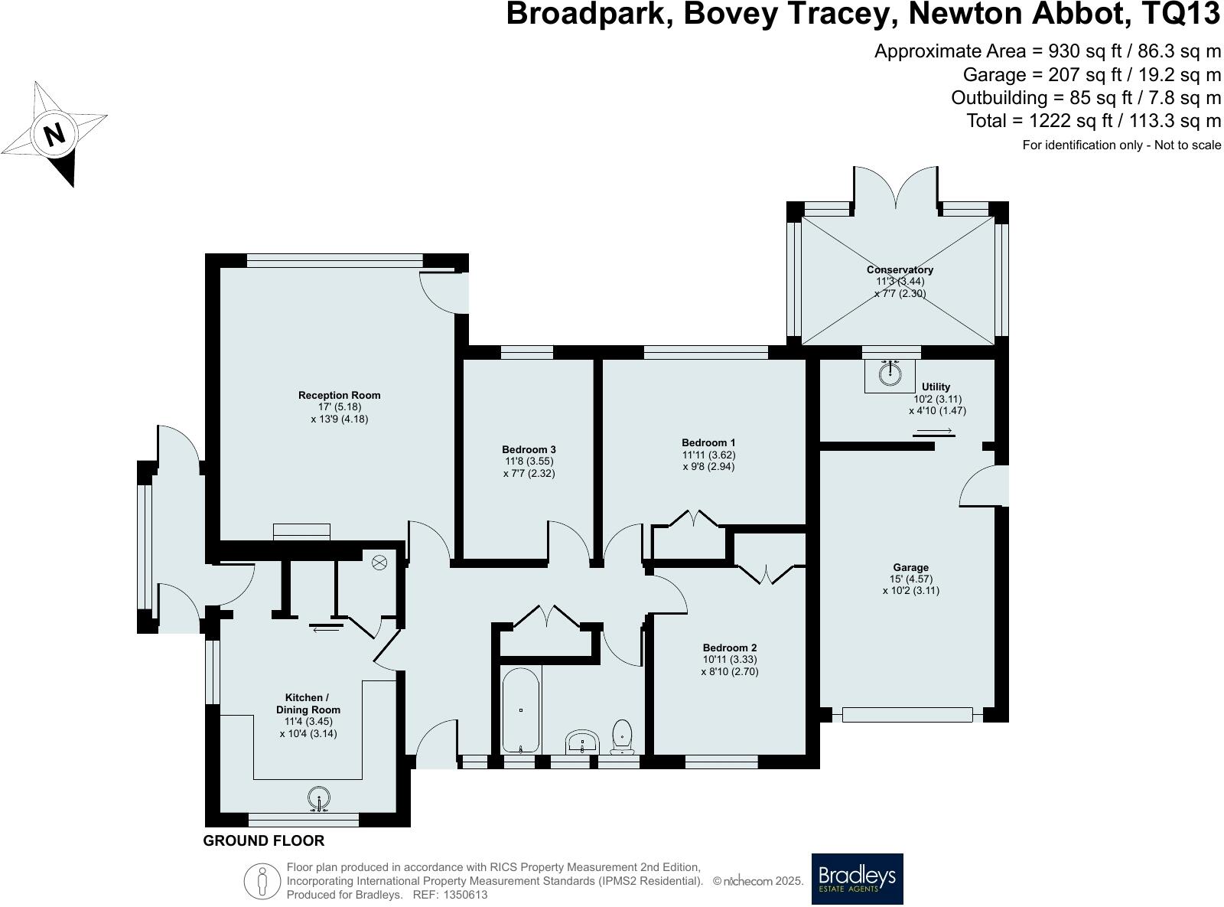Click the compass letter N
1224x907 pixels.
[54, 135]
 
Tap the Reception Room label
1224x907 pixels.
[339, 395]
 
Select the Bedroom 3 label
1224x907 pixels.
[529, 449]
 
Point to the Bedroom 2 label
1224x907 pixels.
[729, 648]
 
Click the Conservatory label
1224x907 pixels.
[900, 269]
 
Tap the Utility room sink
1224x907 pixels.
[889, 374]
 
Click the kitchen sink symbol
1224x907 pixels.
[318, 799]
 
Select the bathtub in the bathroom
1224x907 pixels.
[521, 710]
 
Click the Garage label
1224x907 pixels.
[910, 568]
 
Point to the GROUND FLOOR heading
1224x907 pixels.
[263, 840]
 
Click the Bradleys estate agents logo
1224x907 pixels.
[857, 879]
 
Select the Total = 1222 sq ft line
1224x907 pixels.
[1093, 121]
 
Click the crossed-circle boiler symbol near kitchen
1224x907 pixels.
[379, 563]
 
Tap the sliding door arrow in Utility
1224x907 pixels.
[934, 432]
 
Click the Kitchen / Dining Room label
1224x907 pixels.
[308, 703]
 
